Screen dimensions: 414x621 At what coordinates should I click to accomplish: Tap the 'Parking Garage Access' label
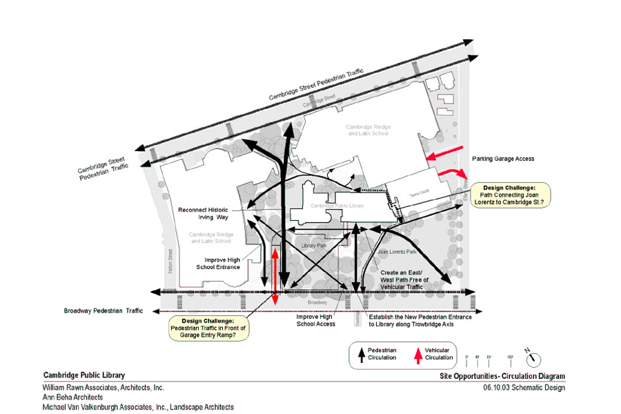503,159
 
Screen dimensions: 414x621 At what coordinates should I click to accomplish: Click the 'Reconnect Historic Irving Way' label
203,213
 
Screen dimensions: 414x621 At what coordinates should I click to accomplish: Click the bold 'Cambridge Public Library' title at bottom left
84,375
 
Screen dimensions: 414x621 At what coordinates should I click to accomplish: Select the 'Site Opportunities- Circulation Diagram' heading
502,376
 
